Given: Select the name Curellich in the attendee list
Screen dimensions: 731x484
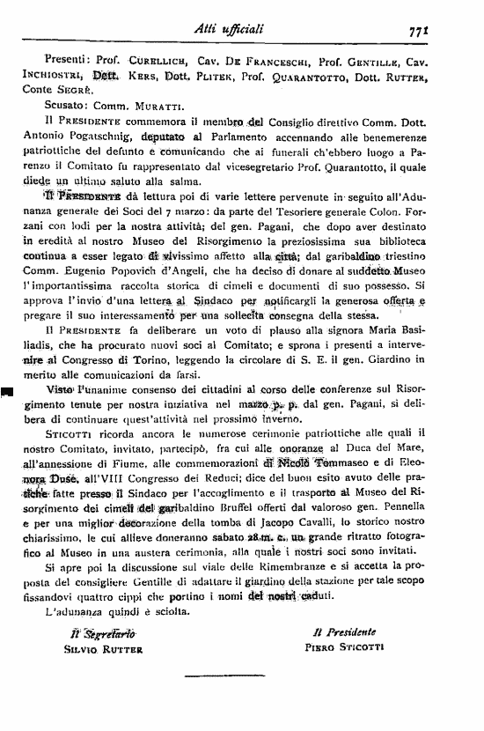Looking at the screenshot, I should [133, 63].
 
